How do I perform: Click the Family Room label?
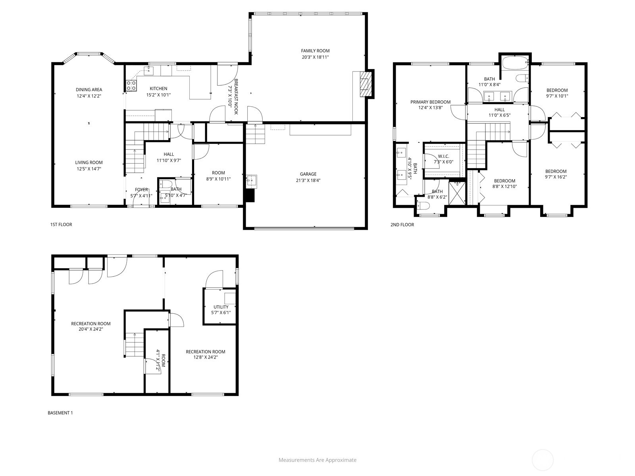pyautogui.click(x=315, y=51)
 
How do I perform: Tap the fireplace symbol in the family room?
pyautogui.click(x=364, y=84)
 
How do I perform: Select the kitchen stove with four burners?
pyautogui.click(x=131, y=85)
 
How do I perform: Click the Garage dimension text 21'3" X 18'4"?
pyautogui.click(x=308, y=180)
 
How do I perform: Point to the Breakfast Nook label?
pyautogui.click(x=236, y=96)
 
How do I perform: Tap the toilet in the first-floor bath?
pyautogui.click(x=166, y=184)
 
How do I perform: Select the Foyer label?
pyautogui.click(x=141, y=190)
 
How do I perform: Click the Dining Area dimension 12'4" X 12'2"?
pyautogui.click(x=89, y=96)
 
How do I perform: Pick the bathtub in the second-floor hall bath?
pyautogui.click(x=515, y=63)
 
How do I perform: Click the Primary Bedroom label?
pyautogui.click(x=431, y=102)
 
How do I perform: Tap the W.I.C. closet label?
pyautogui.click(x=443, y=156)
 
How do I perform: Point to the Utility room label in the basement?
pyautogui.click(x=221, y=307)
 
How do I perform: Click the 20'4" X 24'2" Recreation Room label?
pyautogui.click(x=91, y=324)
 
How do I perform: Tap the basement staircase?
pyautogui.click(x=135, y=344)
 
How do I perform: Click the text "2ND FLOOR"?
pyautogui.click(x=402, y=225)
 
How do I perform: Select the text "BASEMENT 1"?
pyautogui.click(x=60, y=413)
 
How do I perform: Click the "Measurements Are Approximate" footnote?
pyautogui.click(x=317, y=460)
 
